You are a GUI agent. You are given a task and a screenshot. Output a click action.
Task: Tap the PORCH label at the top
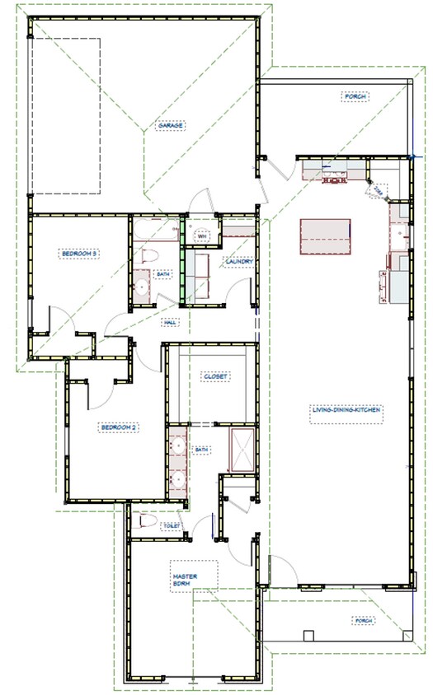click(x=355, y=96)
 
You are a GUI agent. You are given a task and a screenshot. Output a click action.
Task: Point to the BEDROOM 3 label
click(x=80, y=254)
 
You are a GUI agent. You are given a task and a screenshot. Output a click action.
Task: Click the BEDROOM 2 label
click(x=118, y=427)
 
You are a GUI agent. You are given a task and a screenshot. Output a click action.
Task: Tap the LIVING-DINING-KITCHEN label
click(x=346, y=409)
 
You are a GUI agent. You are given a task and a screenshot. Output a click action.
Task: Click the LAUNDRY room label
click(x=237, y=263)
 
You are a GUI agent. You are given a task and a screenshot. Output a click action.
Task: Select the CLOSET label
click(x=214, y=376)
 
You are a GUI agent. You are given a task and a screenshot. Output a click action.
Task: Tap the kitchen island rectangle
click(x=325, y=237)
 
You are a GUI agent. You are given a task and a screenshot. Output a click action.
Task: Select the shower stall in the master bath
click(x=242, y=449)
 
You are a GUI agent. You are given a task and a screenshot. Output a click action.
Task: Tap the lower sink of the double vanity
click(x=177, y=479)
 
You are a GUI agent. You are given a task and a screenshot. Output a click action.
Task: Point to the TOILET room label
click(x=172, y=525)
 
